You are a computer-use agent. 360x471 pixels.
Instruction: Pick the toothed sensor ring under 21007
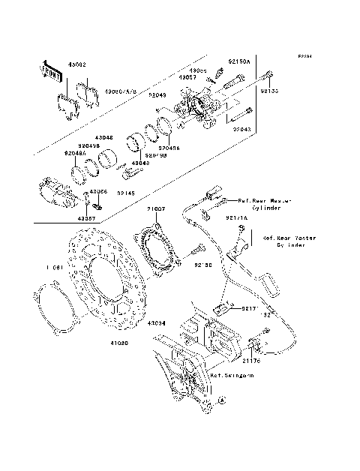click(158, 251)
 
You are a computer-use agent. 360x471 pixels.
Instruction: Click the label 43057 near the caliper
click(188, 76)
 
